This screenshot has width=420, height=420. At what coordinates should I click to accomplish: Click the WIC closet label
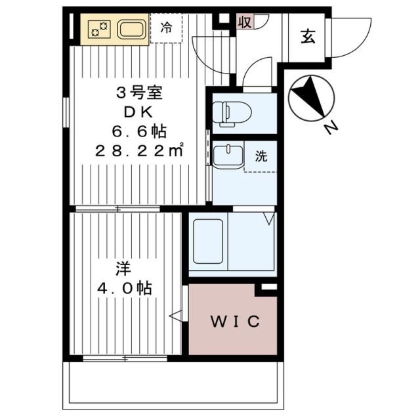(x=235, y=322)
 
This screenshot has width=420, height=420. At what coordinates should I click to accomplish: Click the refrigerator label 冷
(x=167, y=28)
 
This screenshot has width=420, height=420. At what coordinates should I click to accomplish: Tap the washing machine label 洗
(x=261, y=157)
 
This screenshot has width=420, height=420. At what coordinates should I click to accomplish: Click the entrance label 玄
(x=308, y=37)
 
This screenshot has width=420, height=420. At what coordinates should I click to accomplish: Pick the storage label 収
(x=244, y=21)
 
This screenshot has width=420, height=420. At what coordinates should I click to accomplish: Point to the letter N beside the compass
(x=331, y=127)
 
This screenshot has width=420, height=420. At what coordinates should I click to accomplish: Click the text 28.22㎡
(x=137, y=151)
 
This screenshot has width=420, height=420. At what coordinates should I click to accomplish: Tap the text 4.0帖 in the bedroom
(x=125, y=289)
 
